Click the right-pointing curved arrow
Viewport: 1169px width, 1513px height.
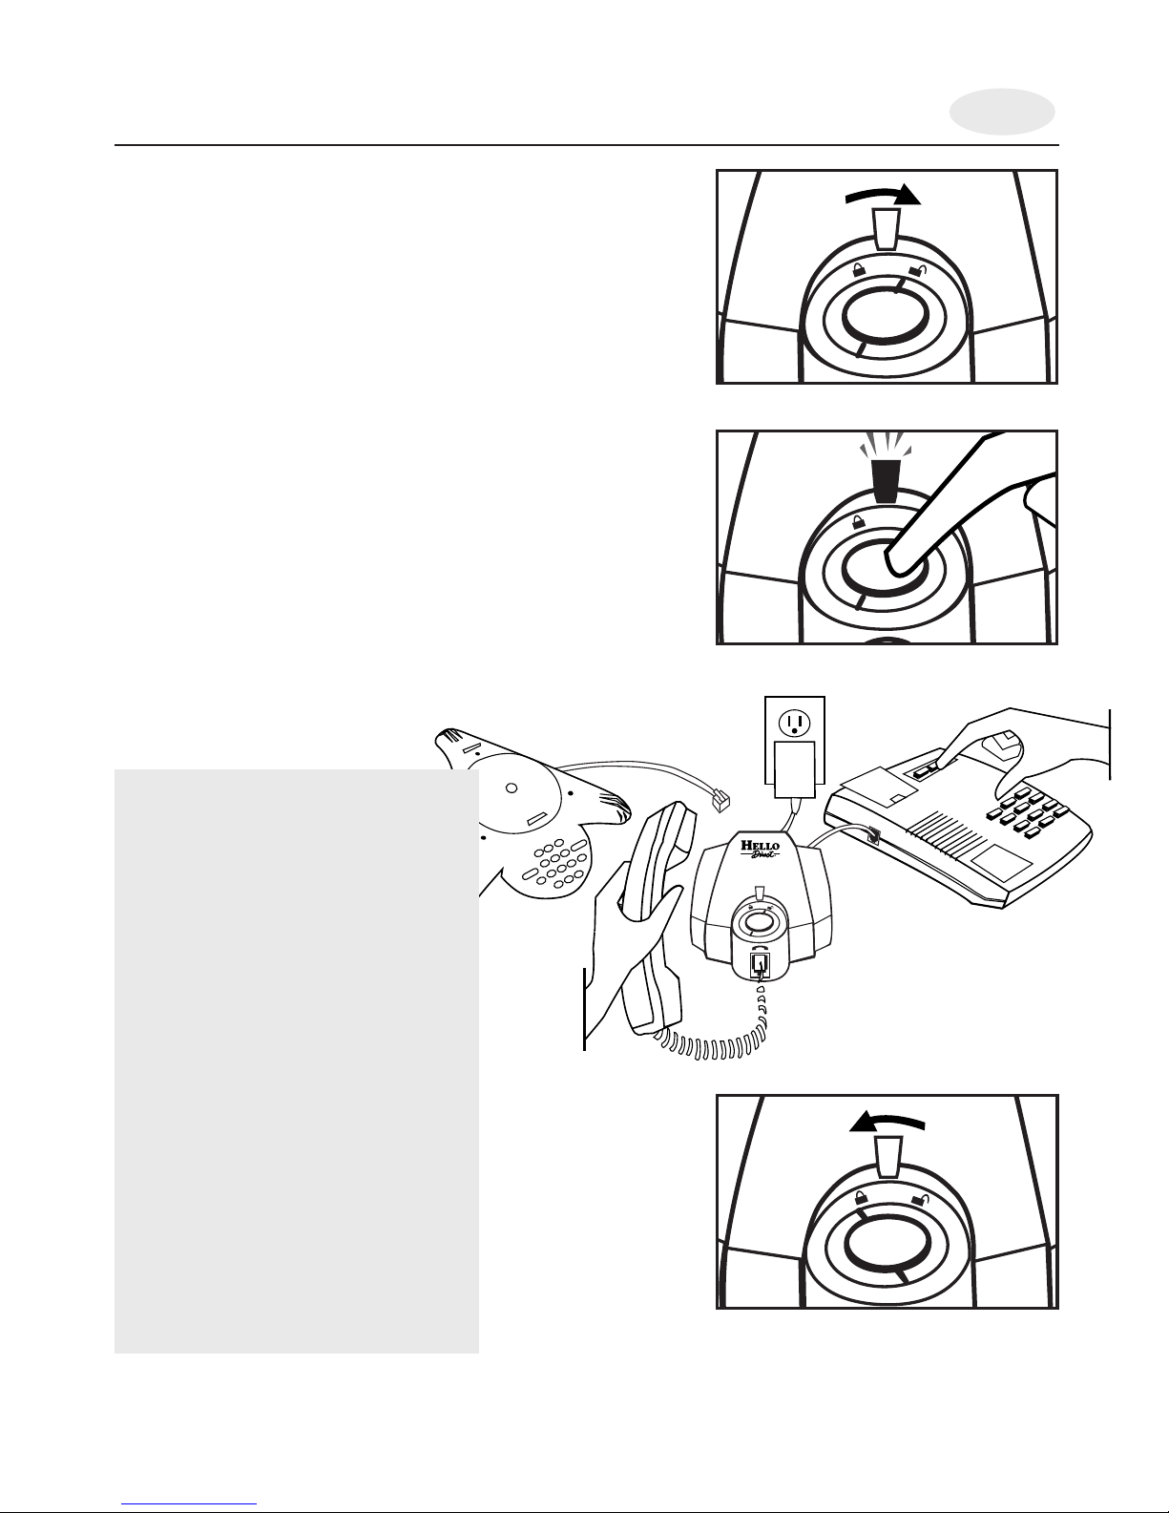tap(884, 195)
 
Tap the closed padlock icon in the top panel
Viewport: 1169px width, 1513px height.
tap(859, 269)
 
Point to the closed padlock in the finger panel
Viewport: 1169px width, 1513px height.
tap(859, 521)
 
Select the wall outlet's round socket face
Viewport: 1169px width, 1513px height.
tap(793, 725)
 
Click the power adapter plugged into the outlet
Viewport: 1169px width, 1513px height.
tap(790, 769)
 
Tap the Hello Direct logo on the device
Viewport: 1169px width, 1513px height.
tap(760, 849)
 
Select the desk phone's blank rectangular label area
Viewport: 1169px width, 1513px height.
tap(1001, 865)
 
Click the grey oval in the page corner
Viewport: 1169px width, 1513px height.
tap(1002, 112)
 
